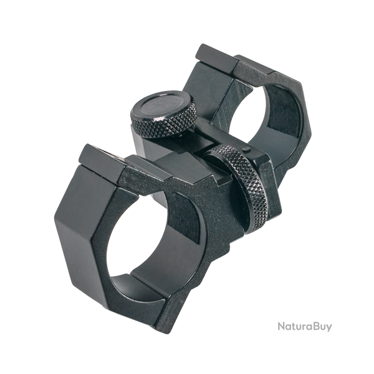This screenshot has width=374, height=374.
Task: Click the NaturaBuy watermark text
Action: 305,327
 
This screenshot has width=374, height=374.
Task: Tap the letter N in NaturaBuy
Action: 282,326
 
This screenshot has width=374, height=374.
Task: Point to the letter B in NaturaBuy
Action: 313,326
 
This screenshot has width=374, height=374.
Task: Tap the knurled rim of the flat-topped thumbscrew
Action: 165,126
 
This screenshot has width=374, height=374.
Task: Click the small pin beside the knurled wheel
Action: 246,150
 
